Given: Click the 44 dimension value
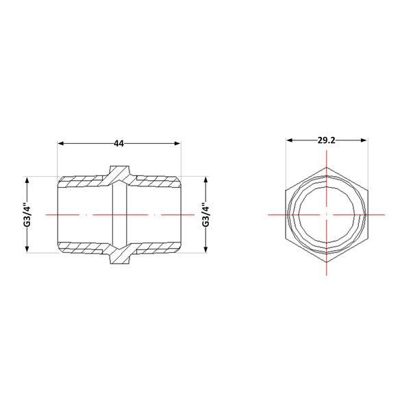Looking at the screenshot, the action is (x=119, y=143).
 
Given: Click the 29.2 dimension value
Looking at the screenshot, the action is (x=326, y=140).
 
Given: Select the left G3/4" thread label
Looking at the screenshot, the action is (x=27, y=214).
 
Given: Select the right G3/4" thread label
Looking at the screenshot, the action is (x=206, y=214).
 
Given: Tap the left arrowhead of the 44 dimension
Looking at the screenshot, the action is (x=61, y=143).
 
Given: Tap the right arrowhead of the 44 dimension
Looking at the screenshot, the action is (x=177, y=143).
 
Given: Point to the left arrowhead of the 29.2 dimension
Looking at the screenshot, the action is (x=289, y=140).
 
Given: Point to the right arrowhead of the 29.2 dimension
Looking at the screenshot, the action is (x=364, y=140).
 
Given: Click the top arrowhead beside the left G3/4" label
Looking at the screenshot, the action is (x=27, y=180).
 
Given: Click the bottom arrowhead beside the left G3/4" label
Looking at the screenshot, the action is (x=27, y=249).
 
